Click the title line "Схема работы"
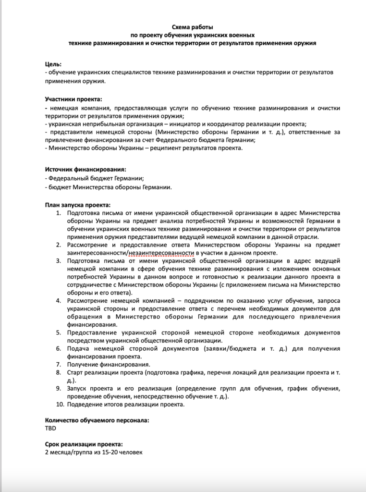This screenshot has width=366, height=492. tap(192, 27)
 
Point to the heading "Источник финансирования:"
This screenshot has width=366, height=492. tap(85, 170)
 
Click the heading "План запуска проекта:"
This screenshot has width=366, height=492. tap(77, 204)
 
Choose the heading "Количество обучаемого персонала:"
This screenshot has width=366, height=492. tap(97, 420)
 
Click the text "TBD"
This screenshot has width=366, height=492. tap(50, 428)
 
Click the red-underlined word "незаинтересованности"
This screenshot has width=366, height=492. tap(161, 253)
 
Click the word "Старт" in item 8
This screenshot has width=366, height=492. tap(76, 372)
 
